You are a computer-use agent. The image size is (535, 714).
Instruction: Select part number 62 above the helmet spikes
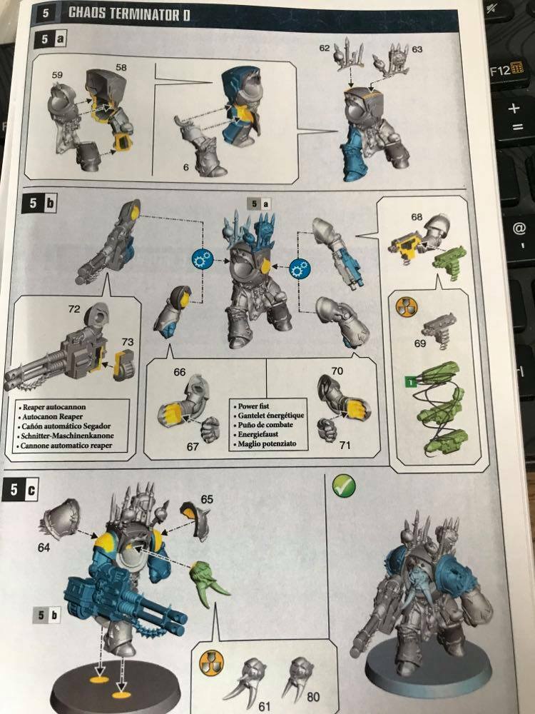[325, 48]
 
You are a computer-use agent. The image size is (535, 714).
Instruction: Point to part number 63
[417, 49]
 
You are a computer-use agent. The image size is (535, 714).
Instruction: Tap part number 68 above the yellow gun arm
[418, 215]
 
